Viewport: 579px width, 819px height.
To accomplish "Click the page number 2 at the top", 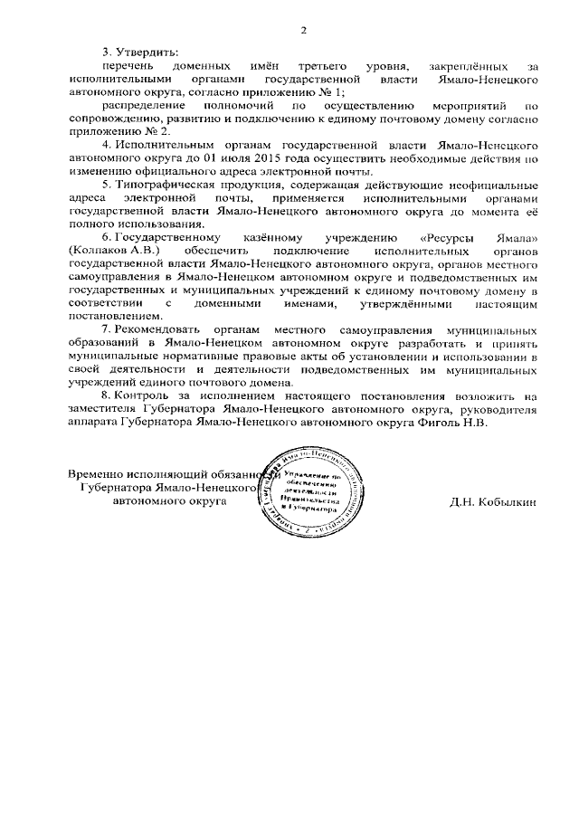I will (304, 31).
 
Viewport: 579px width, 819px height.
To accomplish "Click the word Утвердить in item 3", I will (145, 53).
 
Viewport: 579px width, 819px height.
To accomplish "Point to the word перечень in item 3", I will (128, 67).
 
